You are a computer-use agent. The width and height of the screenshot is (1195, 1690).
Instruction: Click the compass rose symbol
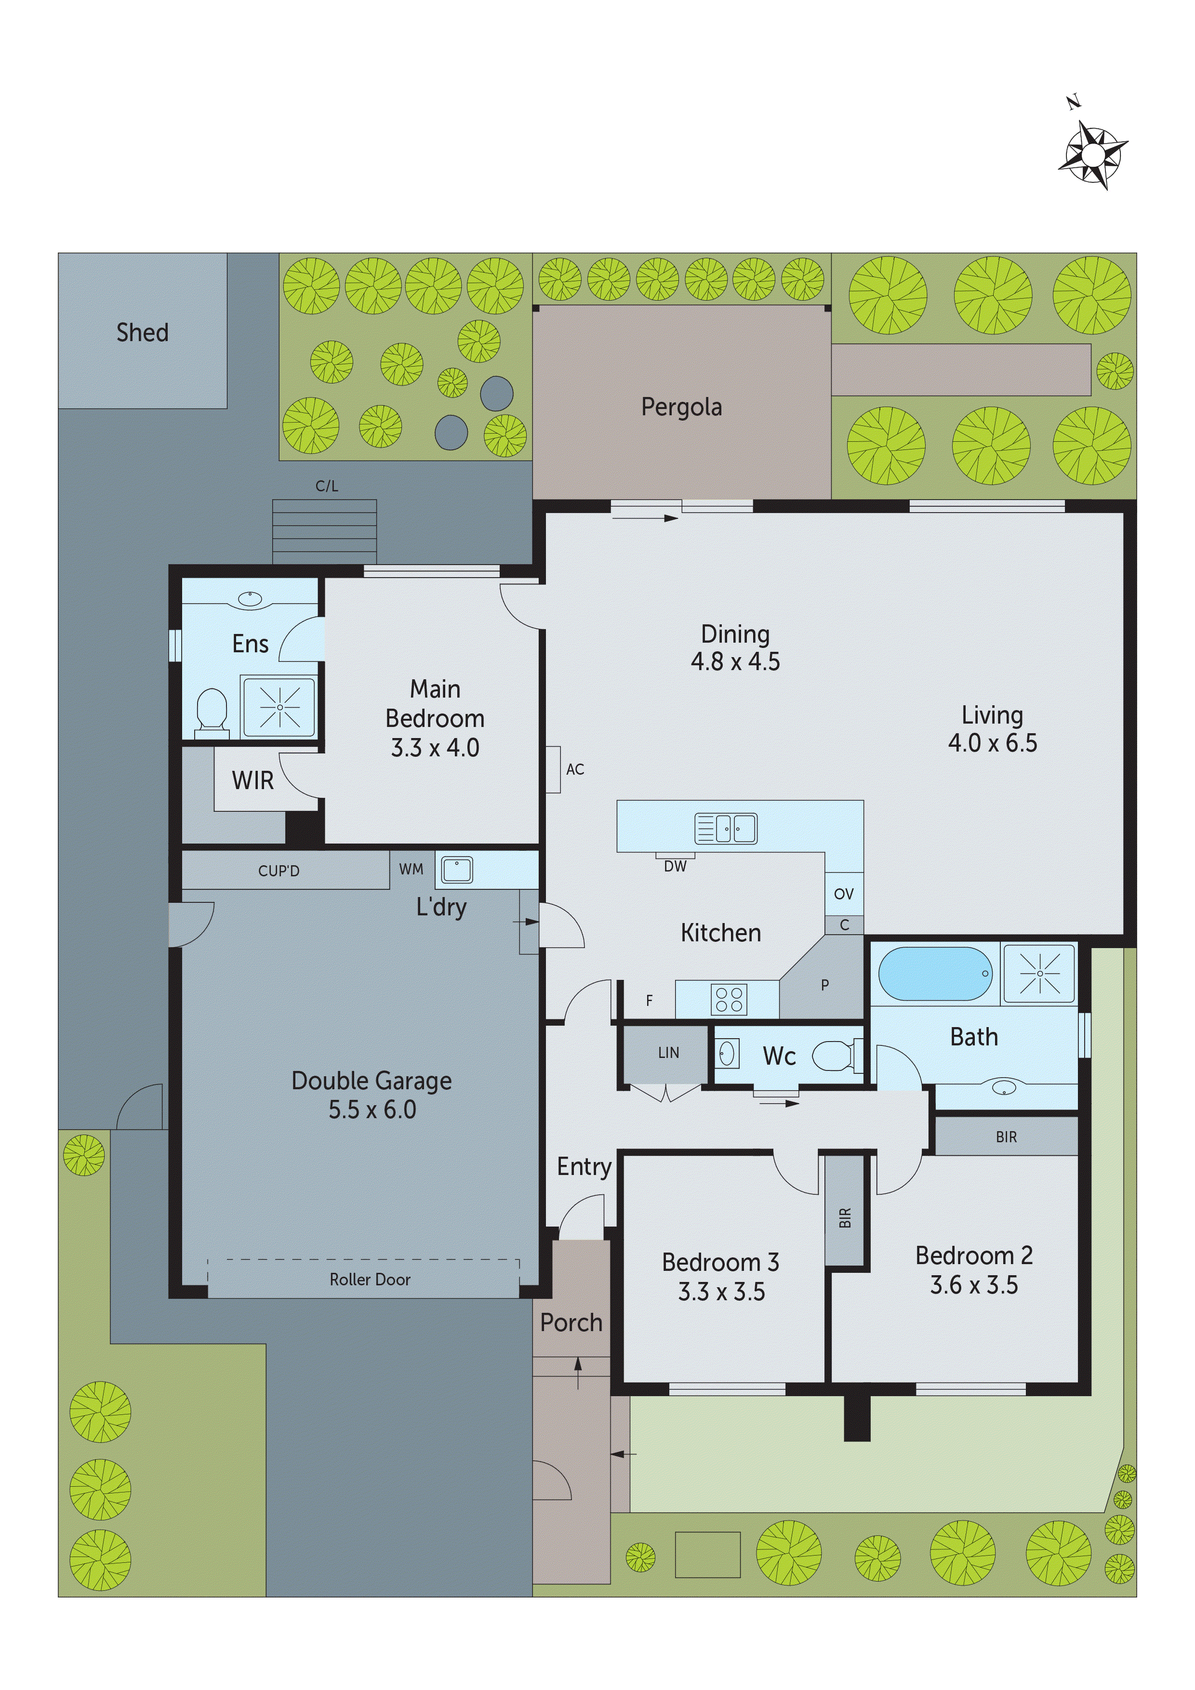coord(1093,155)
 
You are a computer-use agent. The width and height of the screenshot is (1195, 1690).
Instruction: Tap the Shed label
coord(142,333)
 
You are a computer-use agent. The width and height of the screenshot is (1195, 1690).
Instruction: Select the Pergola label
coord(681,407)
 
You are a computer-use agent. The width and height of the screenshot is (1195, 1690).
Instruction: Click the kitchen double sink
coord(726,828)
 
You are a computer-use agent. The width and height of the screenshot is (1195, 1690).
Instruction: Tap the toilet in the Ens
coord(212,711)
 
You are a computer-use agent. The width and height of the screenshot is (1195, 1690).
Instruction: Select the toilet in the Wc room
coord(836,1056)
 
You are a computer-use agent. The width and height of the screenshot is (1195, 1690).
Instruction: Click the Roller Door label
coord(370,1279)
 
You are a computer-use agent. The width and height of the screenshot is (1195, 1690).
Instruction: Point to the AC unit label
coord(575,769)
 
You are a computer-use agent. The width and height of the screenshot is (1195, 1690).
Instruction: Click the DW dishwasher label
coord(675,866)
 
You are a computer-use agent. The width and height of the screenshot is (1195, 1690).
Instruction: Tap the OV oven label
coord(844,894)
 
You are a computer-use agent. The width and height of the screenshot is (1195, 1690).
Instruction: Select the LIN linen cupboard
coord(668,1053)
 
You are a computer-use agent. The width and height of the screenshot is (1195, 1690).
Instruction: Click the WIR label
coord(252,780)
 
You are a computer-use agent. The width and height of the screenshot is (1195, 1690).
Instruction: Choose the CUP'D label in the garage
coord(279,871)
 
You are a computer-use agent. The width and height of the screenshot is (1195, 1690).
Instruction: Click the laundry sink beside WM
coord(456,869)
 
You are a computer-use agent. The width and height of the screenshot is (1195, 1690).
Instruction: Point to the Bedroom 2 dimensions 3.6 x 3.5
coord(973,1284)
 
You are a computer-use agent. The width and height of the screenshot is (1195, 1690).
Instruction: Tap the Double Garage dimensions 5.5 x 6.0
coord(372,1109)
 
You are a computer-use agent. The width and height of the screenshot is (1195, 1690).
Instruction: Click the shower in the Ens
coord(280,707)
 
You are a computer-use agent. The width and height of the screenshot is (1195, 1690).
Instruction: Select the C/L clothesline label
coord(326,486)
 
